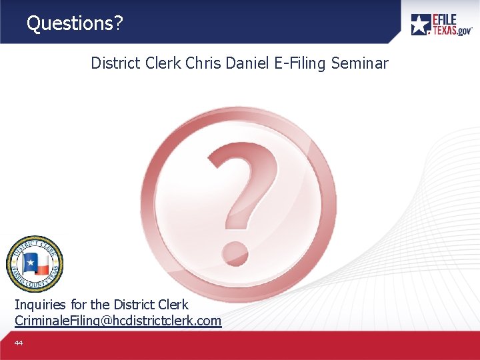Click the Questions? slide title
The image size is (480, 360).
pos(75,23)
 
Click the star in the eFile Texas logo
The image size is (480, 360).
pos(421,25)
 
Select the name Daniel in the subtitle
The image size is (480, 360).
pos(247,63)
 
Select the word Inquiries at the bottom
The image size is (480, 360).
pos(40,305)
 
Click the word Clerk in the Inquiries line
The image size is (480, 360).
pos(173,305)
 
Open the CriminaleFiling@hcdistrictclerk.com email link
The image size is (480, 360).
pos(118,321)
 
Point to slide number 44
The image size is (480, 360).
pos(19,343)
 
